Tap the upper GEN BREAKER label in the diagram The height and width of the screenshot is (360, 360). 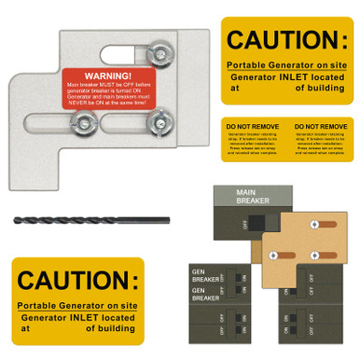[205, 276]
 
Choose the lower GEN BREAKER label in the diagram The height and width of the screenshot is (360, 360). [205, 294]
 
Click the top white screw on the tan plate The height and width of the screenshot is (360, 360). [313, 225]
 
